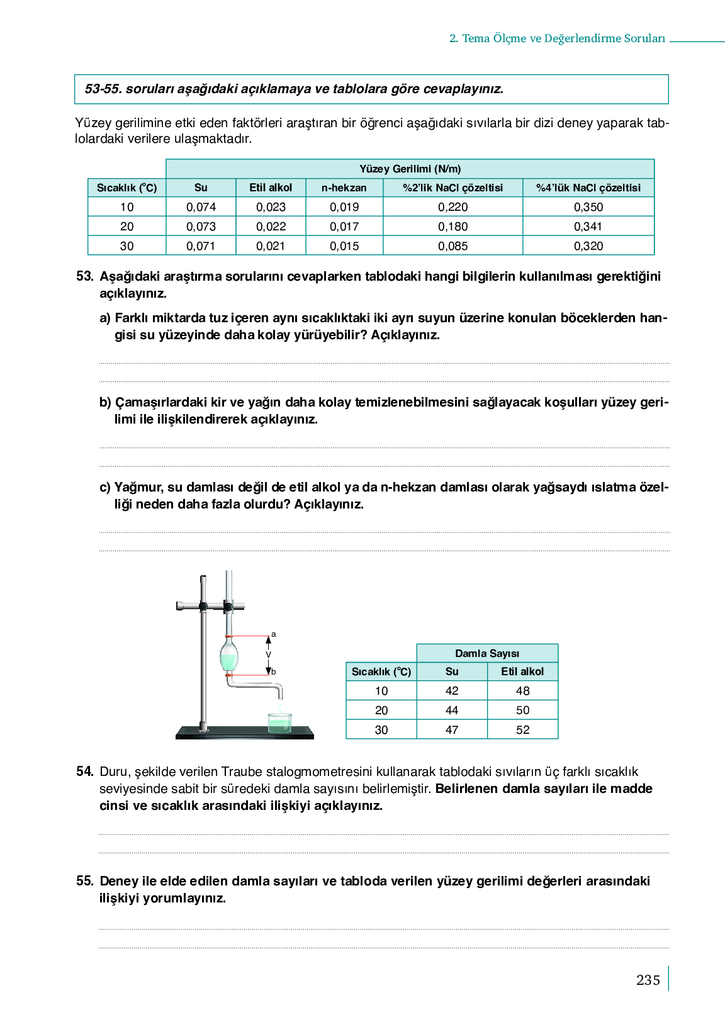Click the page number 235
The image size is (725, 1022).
pyautogui.click(x=648, y=980)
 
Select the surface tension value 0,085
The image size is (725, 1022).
pyautogui.click(x=452, y=246)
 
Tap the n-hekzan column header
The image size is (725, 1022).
pyautogui.click(x=344, y=188)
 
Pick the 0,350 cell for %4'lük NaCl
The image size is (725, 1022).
pyautogui.click(x=588, y=207)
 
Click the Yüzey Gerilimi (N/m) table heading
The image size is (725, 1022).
pyautogui.click(x=410, y=169)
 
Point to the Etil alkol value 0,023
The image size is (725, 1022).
pyautogui.click(x=271, y=207)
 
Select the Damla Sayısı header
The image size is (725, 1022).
pyautogui.click(x=487, y=653)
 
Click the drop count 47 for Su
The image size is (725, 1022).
pyautogui.click(x=452, y=729)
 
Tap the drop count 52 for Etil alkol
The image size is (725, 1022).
pyautogui.click(x=522, y=729)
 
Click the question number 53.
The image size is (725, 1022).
pyautogui.click(x=84, y=276)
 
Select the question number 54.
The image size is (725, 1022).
pyautogui.click(x=84, y=772)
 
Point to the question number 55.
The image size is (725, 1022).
pyautogui.click(x=84, y=881)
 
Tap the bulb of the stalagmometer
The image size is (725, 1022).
pyautogui.click(x=228, y=654)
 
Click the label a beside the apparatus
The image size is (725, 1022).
pyautogui.click(x=274, y=634)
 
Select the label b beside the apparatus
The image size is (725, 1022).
pyautogui.click(x=274, y=672)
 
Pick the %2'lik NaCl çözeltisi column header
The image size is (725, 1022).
pyautogui.click(x=452, y=188)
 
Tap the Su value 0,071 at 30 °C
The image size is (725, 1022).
pyautogui.click(x=201, y=246)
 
